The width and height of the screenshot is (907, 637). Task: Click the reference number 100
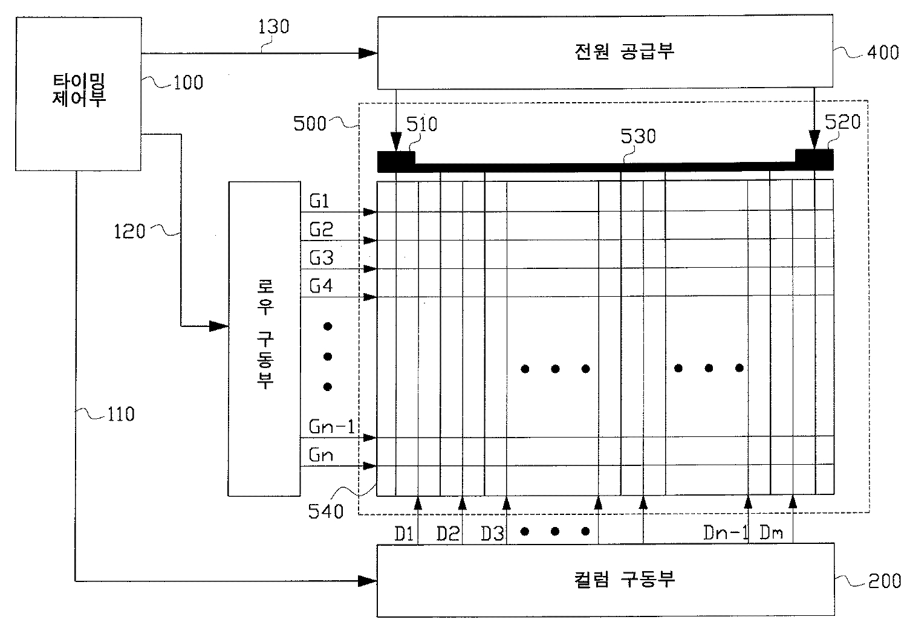point(188,82)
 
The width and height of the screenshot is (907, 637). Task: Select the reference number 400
point(883,53)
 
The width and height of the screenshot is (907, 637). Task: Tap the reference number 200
point(884,581)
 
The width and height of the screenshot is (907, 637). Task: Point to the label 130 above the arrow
point(273,27)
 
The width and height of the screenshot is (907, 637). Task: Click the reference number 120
point(130,231)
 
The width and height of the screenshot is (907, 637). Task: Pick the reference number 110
point(121,415)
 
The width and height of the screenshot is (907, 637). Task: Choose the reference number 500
point(310,124)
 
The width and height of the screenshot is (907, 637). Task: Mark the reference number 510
point(421,124)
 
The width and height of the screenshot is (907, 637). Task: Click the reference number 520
point(842,122)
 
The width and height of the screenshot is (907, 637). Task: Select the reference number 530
point(638,137)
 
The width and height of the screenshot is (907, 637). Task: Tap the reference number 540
point(325,512)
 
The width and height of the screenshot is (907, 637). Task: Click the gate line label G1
point(319,201)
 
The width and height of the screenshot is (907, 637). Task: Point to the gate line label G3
point(321,258)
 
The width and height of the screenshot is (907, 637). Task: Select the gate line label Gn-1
point(331,427)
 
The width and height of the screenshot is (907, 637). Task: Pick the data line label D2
point(448,534)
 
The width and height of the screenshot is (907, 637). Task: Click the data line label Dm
point(771,533)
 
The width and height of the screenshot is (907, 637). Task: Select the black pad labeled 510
point(396,161)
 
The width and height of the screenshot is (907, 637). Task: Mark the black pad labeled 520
point(814,160)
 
